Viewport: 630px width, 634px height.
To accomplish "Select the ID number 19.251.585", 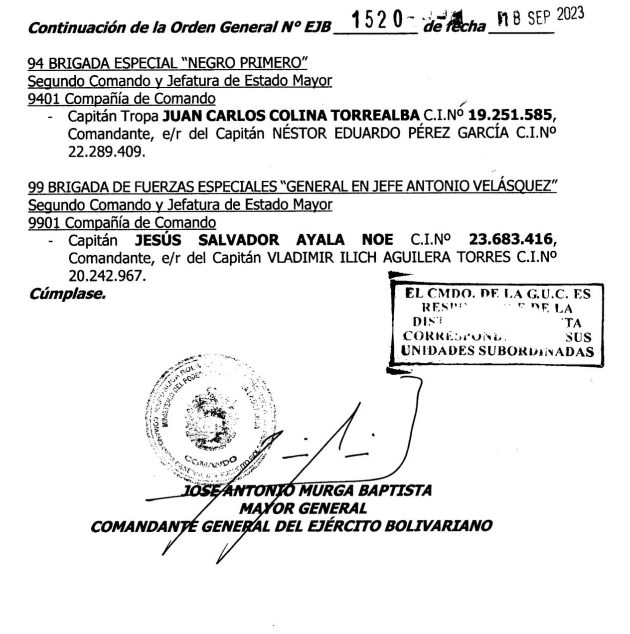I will coord(511,116).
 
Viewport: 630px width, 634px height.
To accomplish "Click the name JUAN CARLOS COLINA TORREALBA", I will coord(292,116).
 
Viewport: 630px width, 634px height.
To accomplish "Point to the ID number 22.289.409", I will coord(107,152).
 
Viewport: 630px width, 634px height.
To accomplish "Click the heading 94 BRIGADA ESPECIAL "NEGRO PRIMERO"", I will coord(167,63).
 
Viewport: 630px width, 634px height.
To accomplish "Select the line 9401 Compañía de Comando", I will coord(122,99).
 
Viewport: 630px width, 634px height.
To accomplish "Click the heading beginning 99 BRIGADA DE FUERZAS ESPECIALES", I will coord(292,186).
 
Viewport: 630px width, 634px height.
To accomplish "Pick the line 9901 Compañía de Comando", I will coord(122,222).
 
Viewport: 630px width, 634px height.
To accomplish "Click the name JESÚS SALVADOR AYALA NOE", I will coord(264,240).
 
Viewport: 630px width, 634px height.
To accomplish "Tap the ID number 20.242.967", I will coord(107,276).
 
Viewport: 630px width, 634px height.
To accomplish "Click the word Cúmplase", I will coord(67,294).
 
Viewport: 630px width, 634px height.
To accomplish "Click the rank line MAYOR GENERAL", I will coord(303,508).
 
